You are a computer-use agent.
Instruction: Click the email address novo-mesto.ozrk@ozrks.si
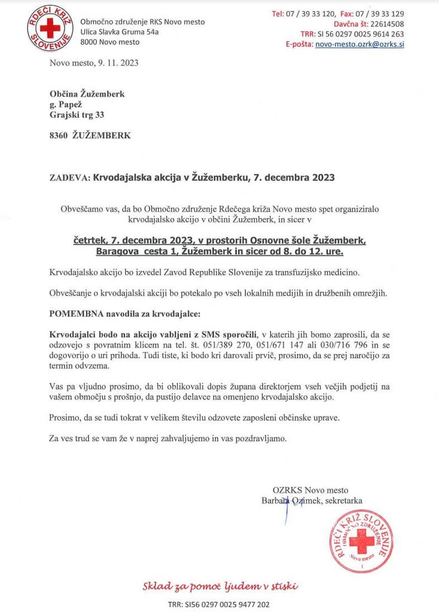[x=359, y=44]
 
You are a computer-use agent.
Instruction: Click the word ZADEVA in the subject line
[x=69, y=178]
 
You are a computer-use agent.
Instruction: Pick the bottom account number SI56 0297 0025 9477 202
[x=228, y=604]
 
